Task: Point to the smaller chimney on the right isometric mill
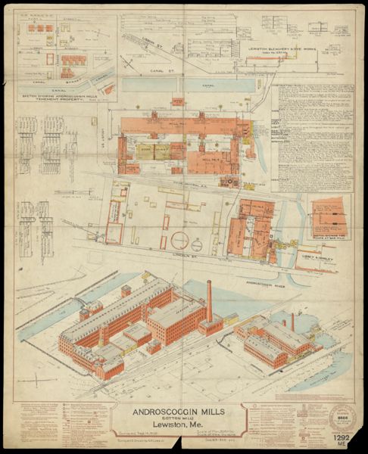click(292, 321)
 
